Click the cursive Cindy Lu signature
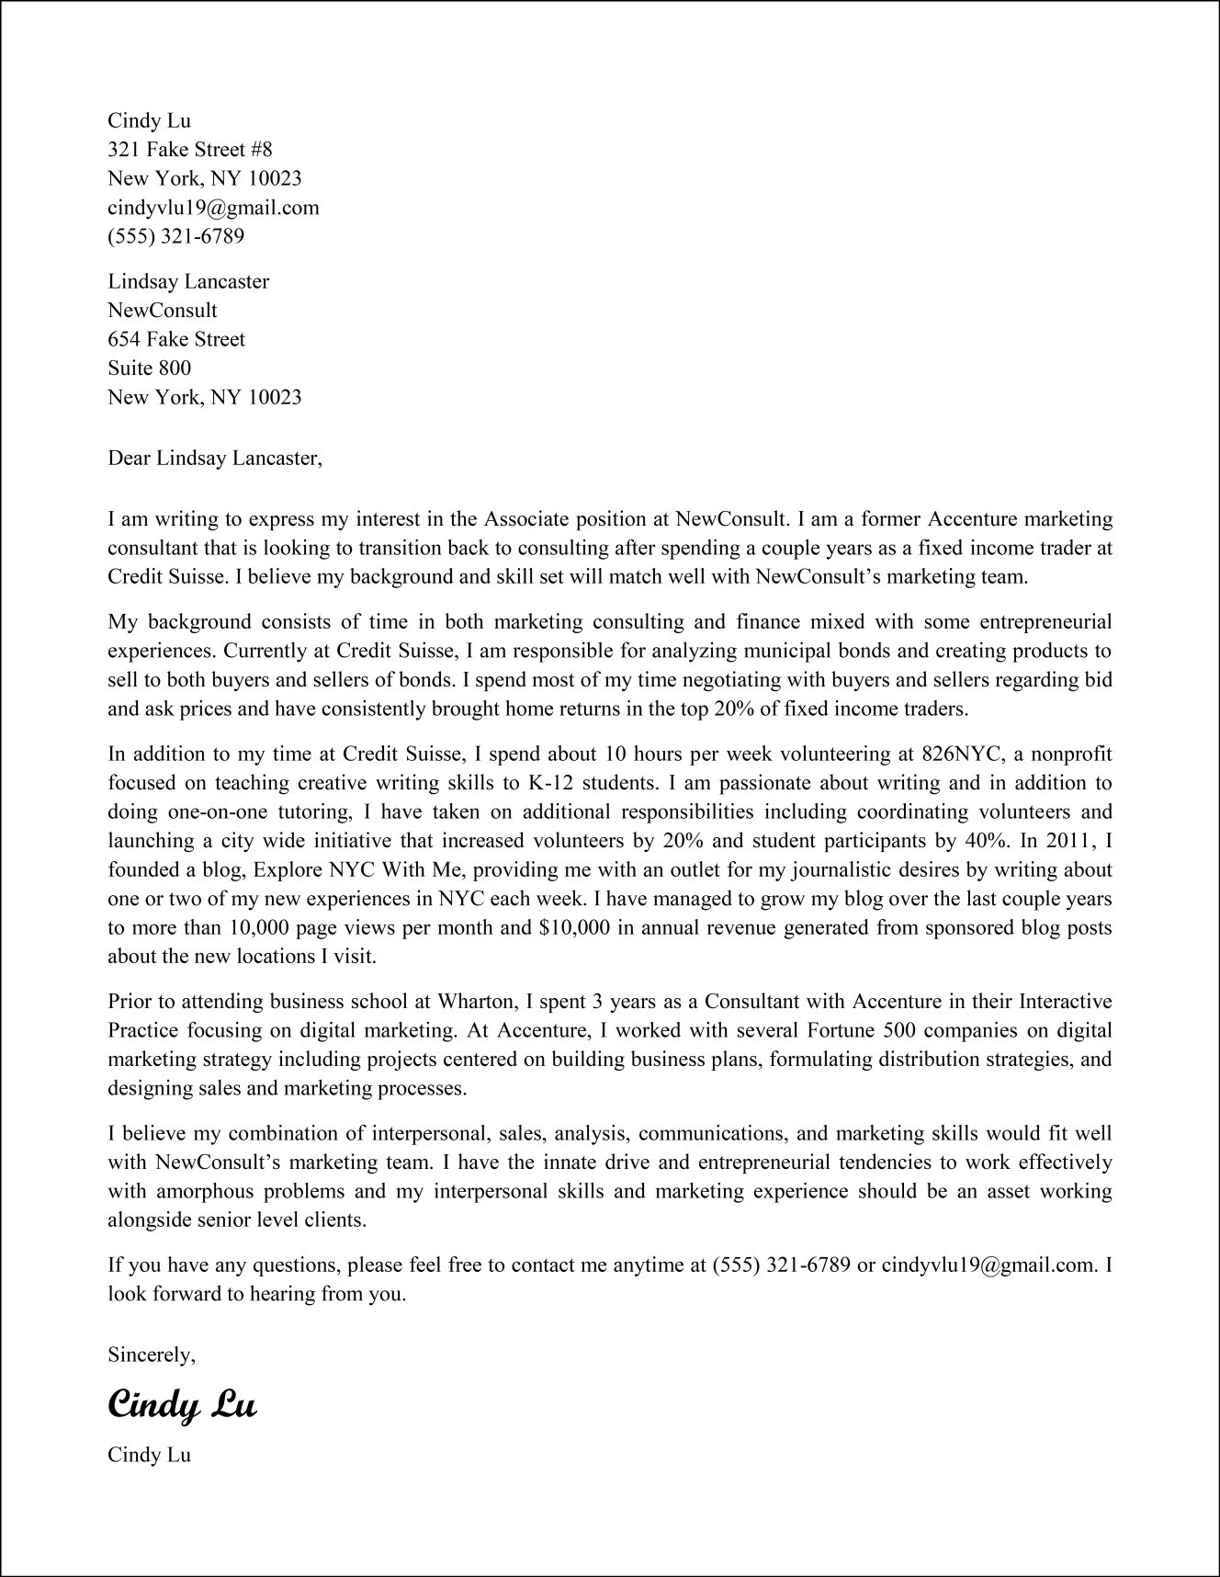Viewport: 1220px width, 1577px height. (182, 1405)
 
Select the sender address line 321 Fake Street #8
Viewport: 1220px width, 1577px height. (190, 149)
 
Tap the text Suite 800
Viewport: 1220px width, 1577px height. (150, 369)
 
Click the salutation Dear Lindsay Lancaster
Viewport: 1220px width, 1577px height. (215, 458)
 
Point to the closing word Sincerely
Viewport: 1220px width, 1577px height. (152, 1354)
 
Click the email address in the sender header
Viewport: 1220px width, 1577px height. (213, 208)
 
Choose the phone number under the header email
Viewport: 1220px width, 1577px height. (176, 236)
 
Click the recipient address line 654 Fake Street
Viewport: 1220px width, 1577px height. (176, 339)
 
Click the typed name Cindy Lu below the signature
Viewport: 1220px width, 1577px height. (150, 1455)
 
